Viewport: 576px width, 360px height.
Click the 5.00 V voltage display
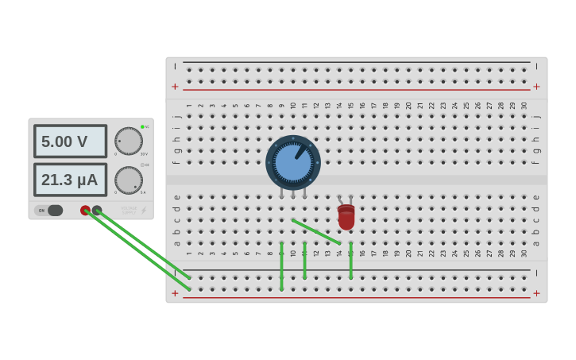pos(70,141)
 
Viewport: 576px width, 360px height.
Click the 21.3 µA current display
pos(70,180)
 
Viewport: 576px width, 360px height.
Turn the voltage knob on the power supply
pos(129,141)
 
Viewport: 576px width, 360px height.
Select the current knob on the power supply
pos(129,180)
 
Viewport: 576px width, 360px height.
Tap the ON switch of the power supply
pos(49,211)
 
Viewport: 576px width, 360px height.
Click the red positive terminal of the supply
pos(85,210)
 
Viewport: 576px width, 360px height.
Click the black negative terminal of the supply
pos(97,210)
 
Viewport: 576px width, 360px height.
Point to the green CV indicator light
pos(142,126)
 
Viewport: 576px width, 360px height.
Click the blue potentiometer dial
pos(293,162)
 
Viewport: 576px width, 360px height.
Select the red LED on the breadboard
pos(346,217)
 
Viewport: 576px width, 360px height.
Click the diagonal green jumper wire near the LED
pos(316,231)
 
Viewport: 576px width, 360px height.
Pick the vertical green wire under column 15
pos(350,261)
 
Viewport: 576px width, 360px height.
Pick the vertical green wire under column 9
pos(281,266)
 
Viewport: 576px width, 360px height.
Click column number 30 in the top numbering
pos(524,105)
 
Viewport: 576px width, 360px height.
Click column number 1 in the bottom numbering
pos(189,254)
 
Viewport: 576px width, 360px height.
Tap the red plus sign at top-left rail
pos(175,87)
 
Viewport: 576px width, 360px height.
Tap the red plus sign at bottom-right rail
pos(536,293)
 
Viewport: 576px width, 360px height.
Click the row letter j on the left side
pos(176,116)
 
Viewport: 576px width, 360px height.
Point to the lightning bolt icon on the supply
pos(144,211)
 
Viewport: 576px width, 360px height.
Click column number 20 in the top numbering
pos(408,105)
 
